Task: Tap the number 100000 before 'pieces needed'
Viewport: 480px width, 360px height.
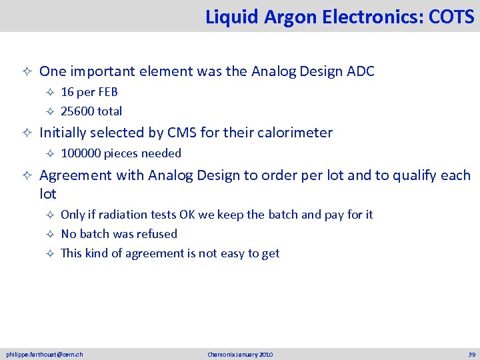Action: coord(79,153)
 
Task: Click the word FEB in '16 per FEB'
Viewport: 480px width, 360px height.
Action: coord(107,92)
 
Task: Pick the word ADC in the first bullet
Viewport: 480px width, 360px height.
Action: coord(360,71)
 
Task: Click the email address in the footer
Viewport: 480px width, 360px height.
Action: coord(45,354)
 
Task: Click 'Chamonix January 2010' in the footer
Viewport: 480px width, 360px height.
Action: coord(240,354)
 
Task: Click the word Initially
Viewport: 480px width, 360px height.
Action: coord(64,133)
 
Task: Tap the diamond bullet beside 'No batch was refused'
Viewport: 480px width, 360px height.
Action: coord(49,234)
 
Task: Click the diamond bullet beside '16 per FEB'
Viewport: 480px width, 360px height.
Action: coord(49,92)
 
